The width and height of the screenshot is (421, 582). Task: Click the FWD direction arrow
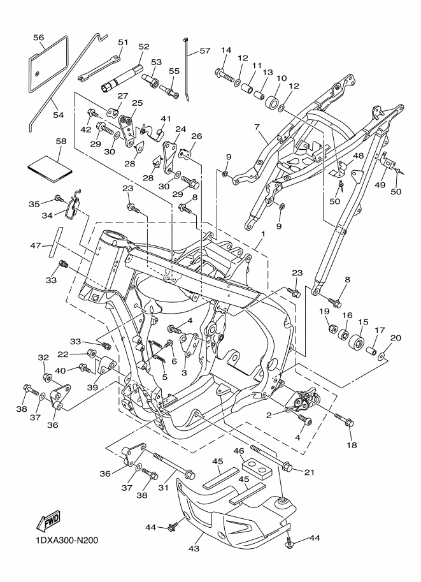(49, 523)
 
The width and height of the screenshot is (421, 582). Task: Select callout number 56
(39, 38)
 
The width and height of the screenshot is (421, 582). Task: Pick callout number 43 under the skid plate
(192, 547)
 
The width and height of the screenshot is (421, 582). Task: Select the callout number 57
(204, 50)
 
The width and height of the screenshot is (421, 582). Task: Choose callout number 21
(309, 472)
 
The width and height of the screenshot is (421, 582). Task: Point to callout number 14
(226, 50)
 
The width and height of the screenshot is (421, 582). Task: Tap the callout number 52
(143, 47)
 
